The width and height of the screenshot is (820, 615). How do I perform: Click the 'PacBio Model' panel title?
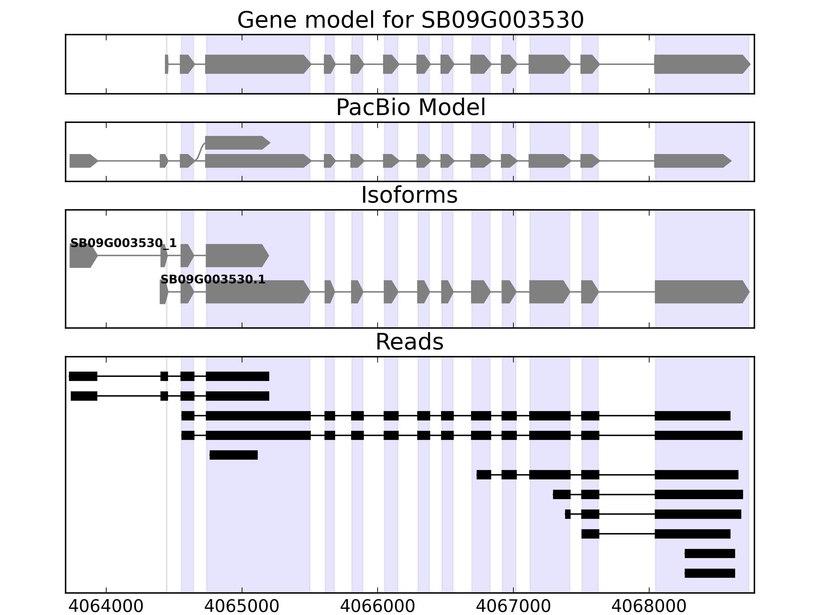click(x=410, y=108)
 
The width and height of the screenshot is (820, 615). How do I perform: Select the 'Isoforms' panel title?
click(x=409, y=195)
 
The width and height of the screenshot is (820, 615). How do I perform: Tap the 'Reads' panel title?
click(x=409, y=342)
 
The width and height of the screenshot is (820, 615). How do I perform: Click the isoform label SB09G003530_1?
click(x=124, y=243)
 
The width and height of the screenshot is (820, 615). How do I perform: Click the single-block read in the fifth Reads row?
click(x=233, y=455)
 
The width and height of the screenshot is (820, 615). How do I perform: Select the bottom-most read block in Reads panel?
click(x=710, y=573)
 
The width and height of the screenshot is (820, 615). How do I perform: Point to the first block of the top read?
click(x=83, y=376)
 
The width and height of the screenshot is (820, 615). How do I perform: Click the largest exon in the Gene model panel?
click(x=257, y=64)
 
